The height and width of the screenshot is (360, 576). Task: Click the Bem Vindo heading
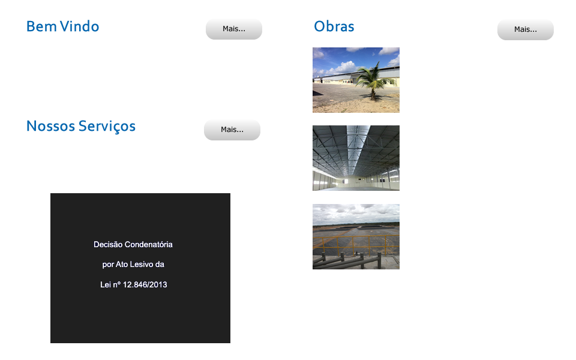62,26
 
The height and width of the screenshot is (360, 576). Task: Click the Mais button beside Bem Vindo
234,29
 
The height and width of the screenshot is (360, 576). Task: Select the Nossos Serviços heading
81,127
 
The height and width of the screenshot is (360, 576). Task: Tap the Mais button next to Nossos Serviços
232,130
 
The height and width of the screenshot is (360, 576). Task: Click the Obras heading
334,26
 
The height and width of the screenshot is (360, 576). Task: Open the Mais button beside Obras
526,29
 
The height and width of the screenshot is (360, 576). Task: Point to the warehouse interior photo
356,158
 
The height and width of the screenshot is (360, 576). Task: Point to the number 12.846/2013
145,284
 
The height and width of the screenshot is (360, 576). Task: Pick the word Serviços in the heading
107,127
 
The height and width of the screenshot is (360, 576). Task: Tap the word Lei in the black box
106,284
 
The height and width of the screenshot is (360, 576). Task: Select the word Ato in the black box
122,265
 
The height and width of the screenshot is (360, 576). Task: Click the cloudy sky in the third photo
356,213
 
